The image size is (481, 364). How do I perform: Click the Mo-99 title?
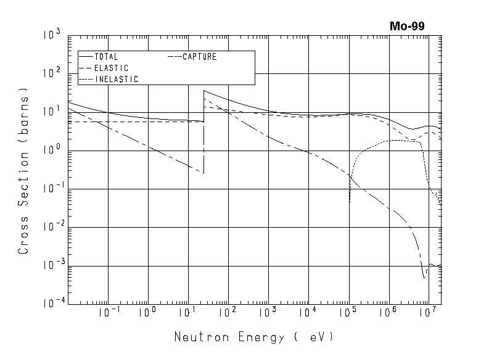click(407, 26)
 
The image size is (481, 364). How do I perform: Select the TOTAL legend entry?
click(106, 57)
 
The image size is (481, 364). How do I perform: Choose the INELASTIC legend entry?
click(117, 79)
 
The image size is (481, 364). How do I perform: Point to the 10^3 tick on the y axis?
click(51, 35)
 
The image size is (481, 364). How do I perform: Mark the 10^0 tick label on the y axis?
click(51, 151)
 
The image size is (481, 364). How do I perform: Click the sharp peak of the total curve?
click(203, 91)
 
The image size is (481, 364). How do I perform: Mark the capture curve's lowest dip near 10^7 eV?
click(424, 278)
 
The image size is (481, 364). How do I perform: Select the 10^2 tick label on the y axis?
click(51, 73)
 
